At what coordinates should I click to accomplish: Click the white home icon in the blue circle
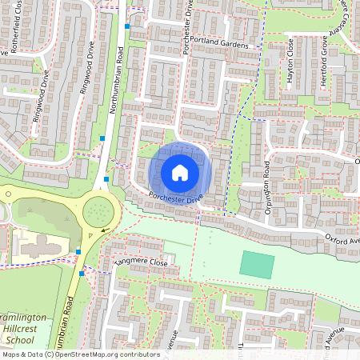pos(180,173)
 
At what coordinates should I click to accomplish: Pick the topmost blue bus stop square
pos(127,26)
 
